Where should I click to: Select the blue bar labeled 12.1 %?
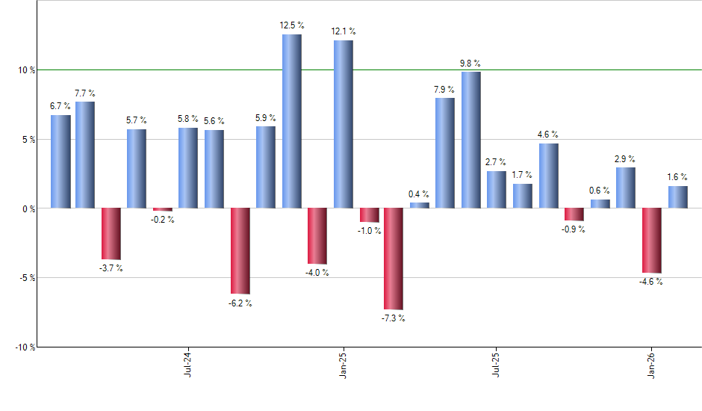[x=344, y=124]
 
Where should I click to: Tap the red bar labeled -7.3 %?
[x=394, y=259]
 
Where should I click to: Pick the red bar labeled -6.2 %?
[x=240, y=251]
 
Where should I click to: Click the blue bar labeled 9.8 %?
[x=471, y=140]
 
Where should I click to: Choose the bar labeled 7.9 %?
[x=445, y=152]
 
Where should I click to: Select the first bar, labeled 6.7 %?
[x=60, y=161]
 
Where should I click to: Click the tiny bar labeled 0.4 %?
[x=420, y=205]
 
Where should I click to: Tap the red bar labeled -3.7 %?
[x=111, y=234]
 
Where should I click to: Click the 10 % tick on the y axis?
[x=27, y=70]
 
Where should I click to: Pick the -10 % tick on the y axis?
[x=25, y=347]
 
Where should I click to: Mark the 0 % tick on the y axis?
[x=29, y=208]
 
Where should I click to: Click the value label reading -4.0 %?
[x=317, y=273]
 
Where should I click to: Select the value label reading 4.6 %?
[x=549, y=135]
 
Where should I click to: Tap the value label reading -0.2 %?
[x=163, y=220]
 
